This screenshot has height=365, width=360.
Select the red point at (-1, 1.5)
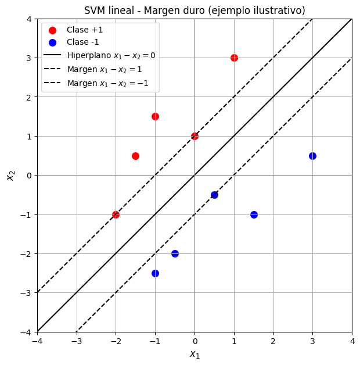click(155, 116)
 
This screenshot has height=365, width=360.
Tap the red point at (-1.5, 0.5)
click(135, 156)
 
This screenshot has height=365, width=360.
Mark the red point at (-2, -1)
click(116, 214)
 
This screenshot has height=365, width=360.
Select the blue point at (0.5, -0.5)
click(214, 195)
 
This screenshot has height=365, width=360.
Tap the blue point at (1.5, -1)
click(254, 214)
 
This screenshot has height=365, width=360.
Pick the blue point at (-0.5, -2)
click(175, 253)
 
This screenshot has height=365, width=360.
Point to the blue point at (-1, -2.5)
click(155, 273)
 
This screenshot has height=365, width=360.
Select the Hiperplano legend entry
click(110, 56)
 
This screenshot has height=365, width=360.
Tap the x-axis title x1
click(195, 354)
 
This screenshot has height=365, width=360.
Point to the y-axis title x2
click(10, 176)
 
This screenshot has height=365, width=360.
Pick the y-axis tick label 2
click(29, 97)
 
